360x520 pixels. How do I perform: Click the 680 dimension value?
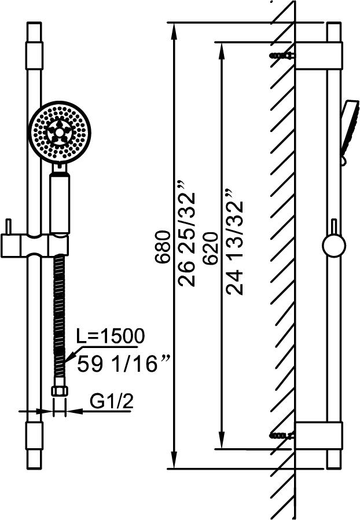(163, 247)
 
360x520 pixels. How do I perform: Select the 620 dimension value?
(211, 248)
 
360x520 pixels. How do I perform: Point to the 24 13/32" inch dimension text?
(234, 242)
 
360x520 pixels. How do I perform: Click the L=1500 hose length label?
(111, 336)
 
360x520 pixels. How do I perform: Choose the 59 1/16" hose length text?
(124, 364)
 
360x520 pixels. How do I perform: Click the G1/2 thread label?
(112, 402)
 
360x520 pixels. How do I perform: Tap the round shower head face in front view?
(60, 132)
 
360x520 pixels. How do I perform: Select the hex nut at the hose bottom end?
(60, 391)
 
